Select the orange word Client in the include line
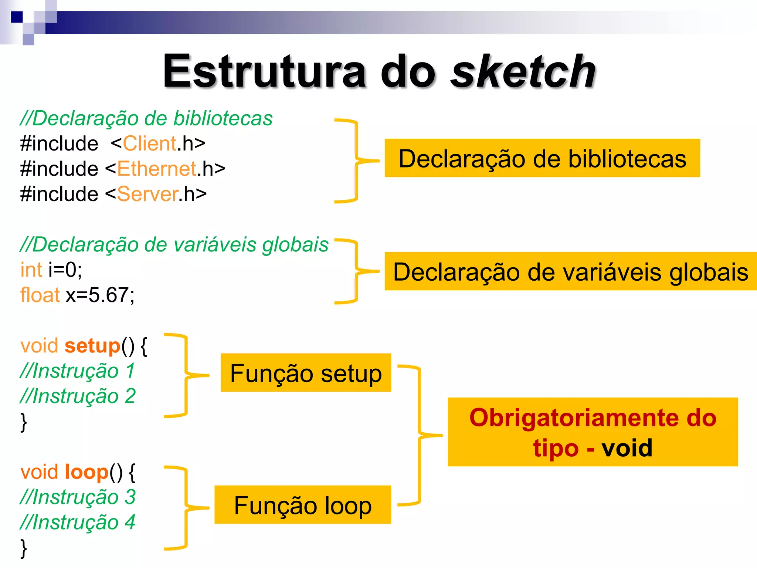[150, 143]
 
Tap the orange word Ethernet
[157, 169]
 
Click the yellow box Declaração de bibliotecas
[542, 158]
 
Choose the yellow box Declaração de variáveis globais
[570, 271]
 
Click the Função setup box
[306, 373]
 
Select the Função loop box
[303, 505]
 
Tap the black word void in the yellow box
[627, 448]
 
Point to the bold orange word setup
[92, 346]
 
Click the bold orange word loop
[86, 472]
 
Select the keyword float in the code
[40, 295]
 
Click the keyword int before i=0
[31, 270]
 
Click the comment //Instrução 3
[78, 497]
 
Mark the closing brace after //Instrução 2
[24, 422]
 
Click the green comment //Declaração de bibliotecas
[146, 118]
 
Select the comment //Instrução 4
[78, 522]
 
